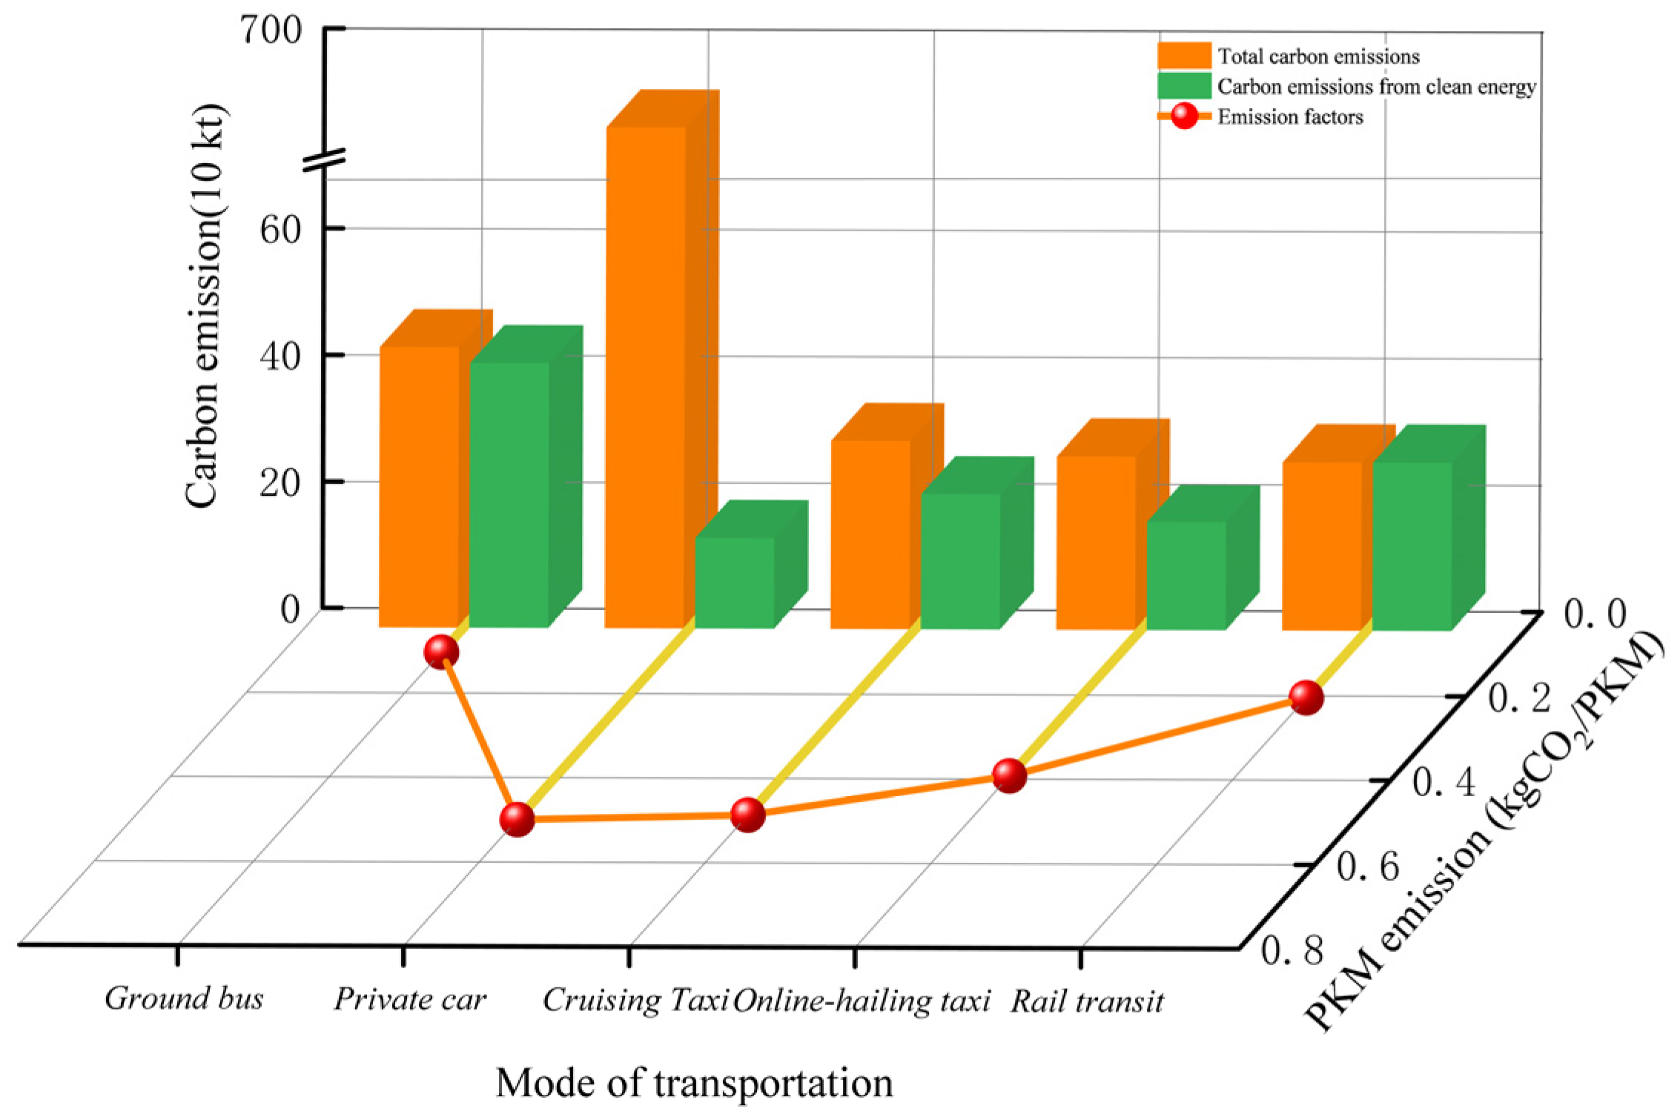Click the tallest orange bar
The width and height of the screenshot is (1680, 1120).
(x=645, y=378)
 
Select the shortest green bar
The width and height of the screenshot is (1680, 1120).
(x=735, y=583)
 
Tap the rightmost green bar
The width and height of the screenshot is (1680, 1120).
(x=1412, y=546)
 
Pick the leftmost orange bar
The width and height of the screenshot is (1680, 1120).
(x=420, y=486)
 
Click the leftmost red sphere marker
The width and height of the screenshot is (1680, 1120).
(x=441, y=652)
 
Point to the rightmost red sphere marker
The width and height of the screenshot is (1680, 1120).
(x=1306, y=697)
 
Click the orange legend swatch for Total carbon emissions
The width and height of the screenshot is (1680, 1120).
(x=1184, y=56)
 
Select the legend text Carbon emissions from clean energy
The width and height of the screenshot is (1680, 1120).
(x=1376, y=87)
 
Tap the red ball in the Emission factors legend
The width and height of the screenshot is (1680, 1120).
(x=1184, y=116)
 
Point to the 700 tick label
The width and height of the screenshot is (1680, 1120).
(x=271, y=31)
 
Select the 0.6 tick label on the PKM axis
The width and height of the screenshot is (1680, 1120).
(x=1368, y=866)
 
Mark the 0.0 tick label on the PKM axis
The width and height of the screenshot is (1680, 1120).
(x=1595, y=614)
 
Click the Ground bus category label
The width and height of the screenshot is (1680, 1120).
(x=184, y=998)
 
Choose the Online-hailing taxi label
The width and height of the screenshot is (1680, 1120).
(x=862, y=1001)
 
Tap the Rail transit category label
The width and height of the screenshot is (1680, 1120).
(x=1087, y=1002)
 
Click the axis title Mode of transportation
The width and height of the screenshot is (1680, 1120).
(x=694, y=1083)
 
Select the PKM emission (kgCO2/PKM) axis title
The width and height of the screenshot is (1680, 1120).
(x=1483, y=830)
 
